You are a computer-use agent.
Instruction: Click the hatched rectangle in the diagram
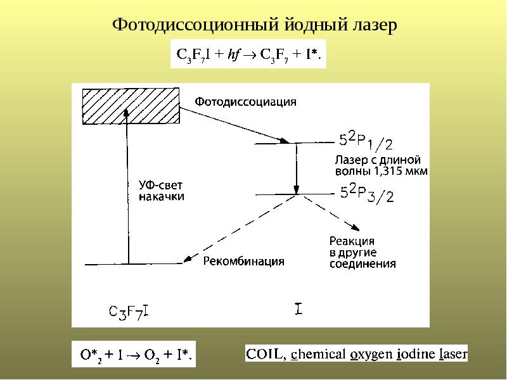(x=131, y=106)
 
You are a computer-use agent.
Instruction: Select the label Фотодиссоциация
(x=245, y=102)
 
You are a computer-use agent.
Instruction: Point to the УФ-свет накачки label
(x=162, y=191)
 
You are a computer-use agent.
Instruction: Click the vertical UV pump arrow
(x=127, y=186)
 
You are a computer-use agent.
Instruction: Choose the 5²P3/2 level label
(x=367, y=194)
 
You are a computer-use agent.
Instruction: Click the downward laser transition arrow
(x=296, y=168)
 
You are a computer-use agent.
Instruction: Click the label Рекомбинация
(x=244, y=261)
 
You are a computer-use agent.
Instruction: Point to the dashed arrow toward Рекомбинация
(x=240, y=228)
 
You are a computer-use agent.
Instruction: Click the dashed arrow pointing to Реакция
(x=331, y=213)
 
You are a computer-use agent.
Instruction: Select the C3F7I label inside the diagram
(x=129, y=312)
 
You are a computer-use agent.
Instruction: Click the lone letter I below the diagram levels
(x=298, y=308)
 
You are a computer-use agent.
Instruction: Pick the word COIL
(x=264, y=354)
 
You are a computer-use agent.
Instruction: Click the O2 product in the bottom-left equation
(x=151, y=355)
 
